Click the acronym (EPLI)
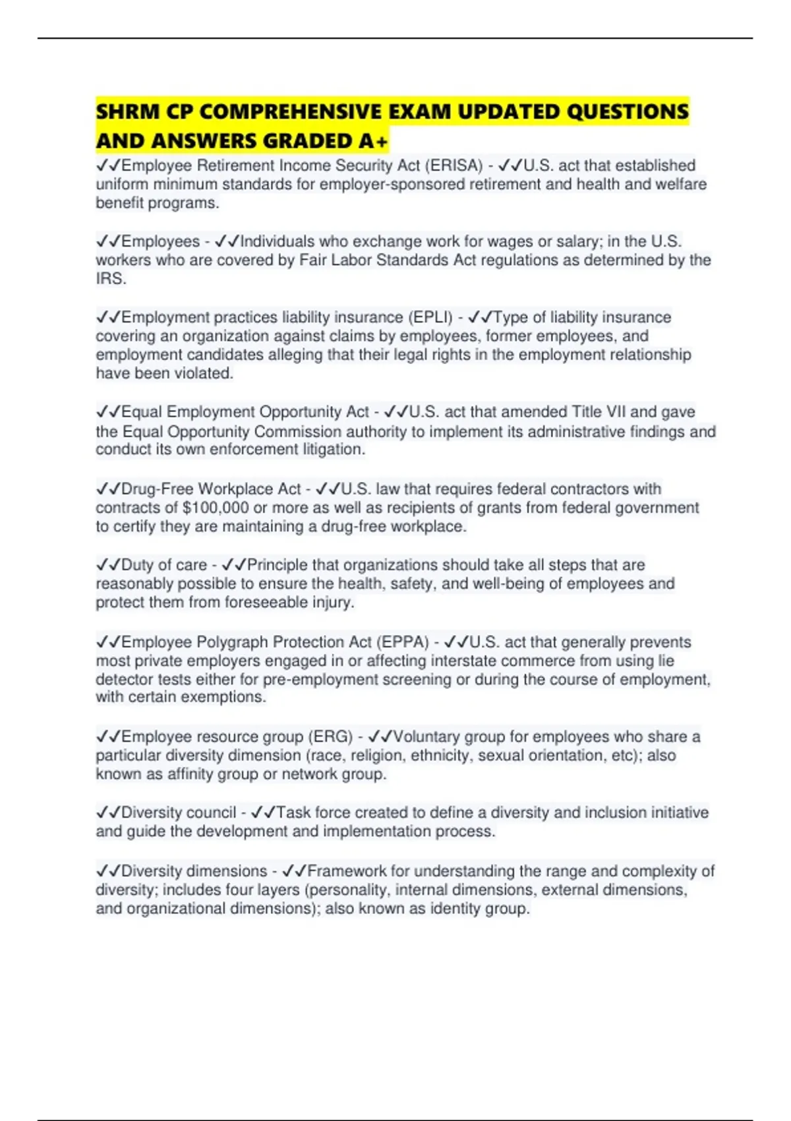point(431,317)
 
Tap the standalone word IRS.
point(110,279)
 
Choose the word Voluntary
point(426,737)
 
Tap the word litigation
point(334,450)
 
